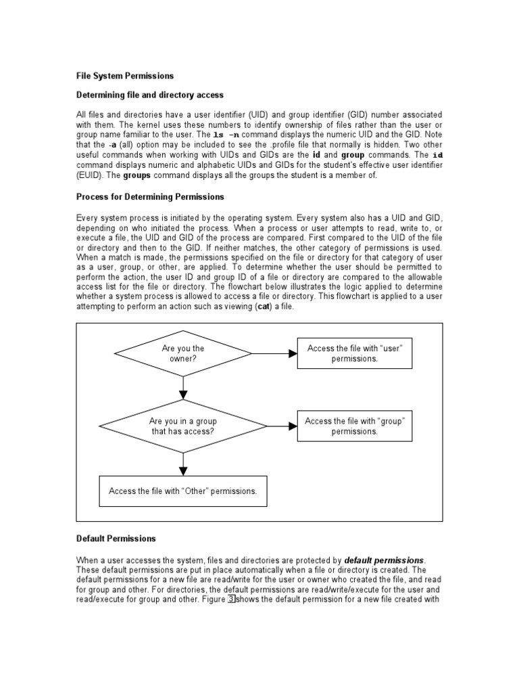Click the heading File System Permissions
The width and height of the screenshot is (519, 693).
(124, 76)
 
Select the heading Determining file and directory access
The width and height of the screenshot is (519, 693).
(149, 95)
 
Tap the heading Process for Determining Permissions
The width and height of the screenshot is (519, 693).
(149, 197)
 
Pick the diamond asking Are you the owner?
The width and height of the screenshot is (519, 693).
(183, 353)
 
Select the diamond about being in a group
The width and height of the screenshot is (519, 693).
(183, 426)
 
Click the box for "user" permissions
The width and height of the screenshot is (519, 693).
(355, 353)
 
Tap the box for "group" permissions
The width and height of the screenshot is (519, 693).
(355, 426)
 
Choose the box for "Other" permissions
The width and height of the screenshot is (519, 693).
(183, 491)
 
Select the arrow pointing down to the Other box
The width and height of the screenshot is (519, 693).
(183, 463)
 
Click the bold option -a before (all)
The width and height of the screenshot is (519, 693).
(111, 145)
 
